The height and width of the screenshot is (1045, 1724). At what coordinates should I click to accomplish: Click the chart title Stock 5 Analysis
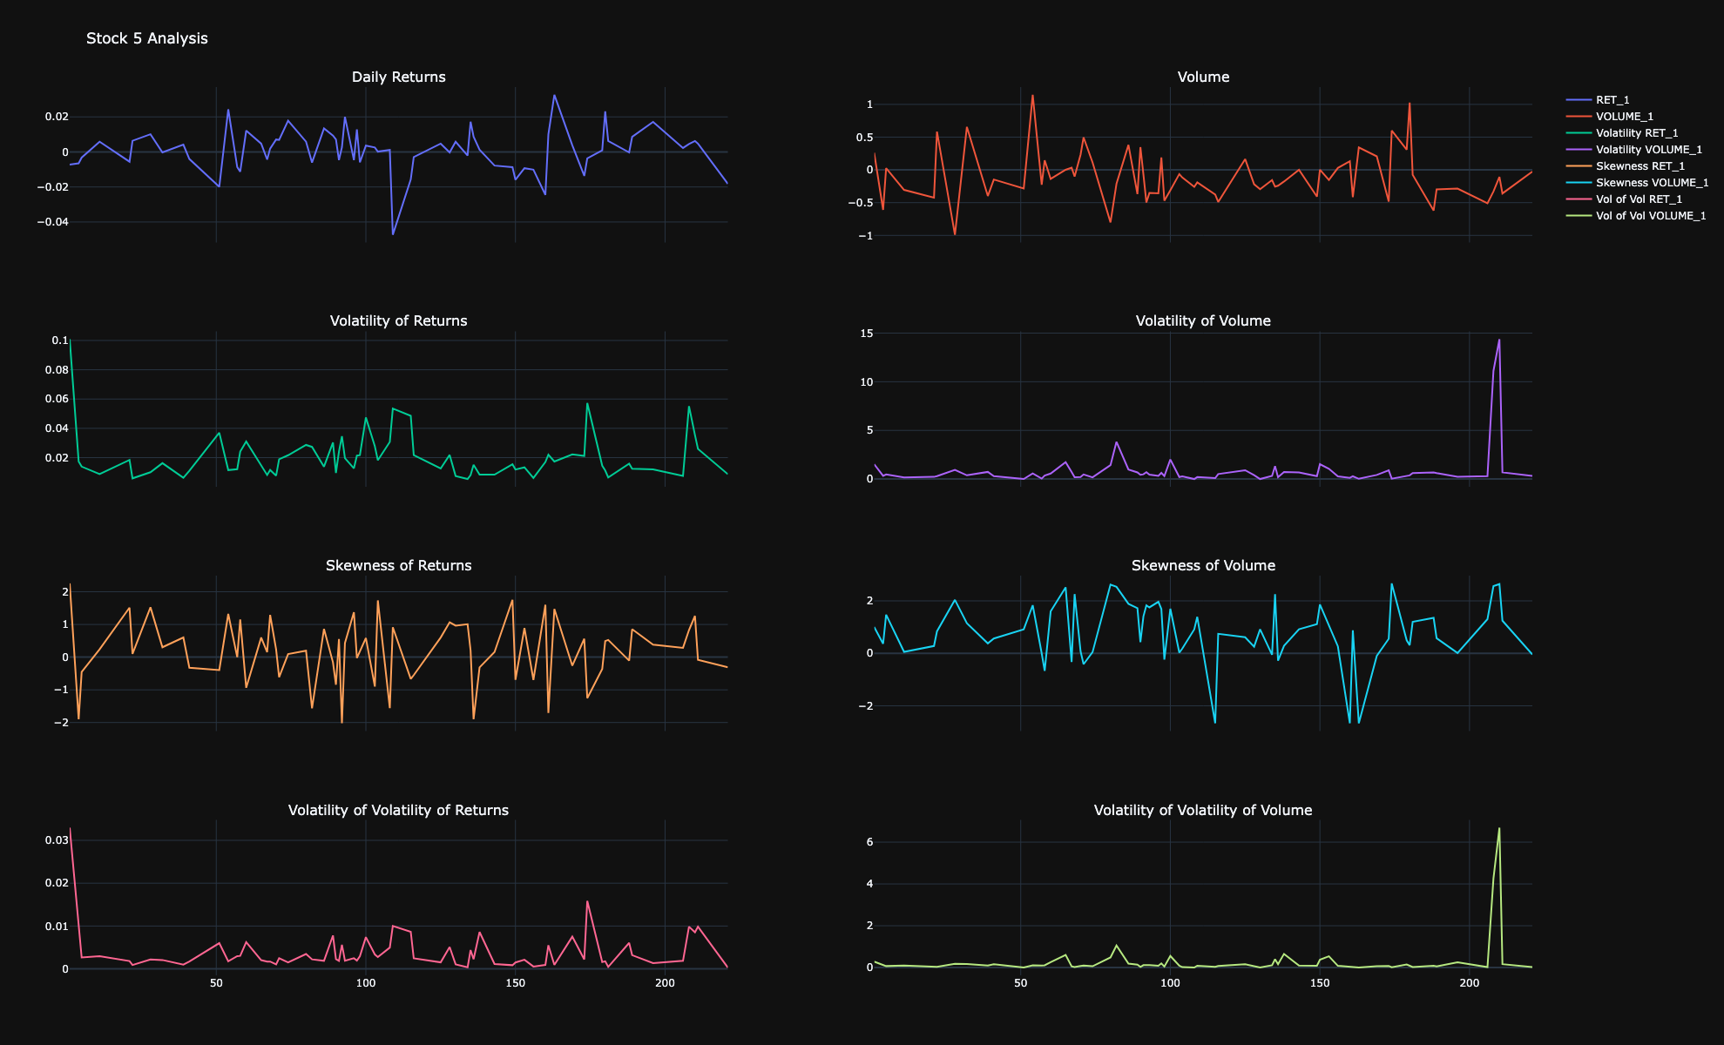(146, 38)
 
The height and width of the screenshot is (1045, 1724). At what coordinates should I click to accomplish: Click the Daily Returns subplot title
(398, 77)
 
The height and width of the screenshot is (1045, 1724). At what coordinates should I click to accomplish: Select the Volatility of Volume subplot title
(1202, 320)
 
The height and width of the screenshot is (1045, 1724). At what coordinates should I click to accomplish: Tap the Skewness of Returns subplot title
(398, 565)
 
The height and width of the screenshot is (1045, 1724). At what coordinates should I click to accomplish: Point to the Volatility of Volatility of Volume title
(1202, 810)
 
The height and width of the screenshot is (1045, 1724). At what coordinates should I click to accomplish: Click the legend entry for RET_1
(1612, 100)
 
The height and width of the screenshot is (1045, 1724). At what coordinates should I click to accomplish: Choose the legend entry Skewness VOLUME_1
(1651, 183)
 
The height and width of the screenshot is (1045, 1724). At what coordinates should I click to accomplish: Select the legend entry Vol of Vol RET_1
(1638, 199)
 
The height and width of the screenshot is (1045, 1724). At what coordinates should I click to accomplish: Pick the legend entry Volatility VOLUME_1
(1648, 150)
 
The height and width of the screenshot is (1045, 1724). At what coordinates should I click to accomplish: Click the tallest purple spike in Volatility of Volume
(1499, 340)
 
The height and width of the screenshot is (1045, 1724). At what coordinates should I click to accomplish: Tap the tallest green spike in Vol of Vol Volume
(1499, 828)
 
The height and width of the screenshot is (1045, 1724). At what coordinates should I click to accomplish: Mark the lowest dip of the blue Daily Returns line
(393, 234)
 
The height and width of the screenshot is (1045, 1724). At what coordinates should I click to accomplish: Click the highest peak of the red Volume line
(1032, 96)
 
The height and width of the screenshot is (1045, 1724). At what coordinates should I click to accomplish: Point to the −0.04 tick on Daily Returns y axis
(51, 222)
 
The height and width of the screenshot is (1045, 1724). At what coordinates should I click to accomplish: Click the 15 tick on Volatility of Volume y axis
(866, 334)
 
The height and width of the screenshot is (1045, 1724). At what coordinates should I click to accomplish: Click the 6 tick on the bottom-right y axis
(869, 842)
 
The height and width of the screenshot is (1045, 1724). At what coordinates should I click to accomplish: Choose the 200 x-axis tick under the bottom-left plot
(665, 983)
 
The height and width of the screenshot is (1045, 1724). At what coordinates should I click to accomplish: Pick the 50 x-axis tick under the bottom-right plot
(1020, 983)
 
